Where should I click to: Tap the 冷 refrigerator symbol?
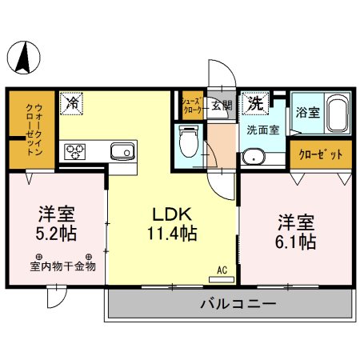73,103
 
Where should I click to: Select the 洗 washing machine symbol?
254,103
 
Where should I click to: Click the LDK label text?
173,215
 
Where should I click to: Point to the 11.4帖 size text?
173,235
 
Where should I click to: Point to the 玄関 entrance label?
222,104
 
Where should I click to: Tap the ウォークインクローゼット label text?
33,131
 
